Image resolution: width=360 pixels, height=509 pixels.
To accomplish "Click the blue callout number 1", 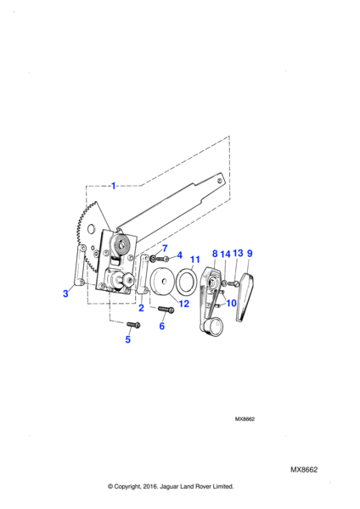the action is coord(114,186).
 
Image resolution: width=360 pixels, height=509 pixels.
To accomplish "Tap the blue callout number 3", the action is coord(65,294).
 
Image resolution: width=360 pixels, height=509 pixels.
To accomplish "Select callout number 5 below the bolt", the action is coord(128,339).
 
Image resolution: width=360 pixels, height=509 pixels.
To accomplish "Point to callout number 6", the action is coord(162,326).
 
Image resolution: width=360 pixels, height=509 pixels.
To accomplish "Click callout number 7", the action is coord(165,249).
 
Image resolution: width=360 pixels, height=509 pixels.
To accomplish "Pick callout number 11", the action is coord(194,260).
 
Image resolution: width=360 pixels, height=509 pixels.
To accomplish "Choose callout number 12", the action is coord(183,304).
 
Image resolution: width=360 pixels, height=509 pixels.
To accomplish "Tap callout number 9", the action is coord(250,253).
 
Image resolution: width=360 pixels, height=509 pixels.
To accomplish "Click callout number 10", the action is coord(231,303).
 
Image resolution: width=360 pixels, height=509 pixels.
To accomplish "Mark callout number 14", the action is coord(225,254).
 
